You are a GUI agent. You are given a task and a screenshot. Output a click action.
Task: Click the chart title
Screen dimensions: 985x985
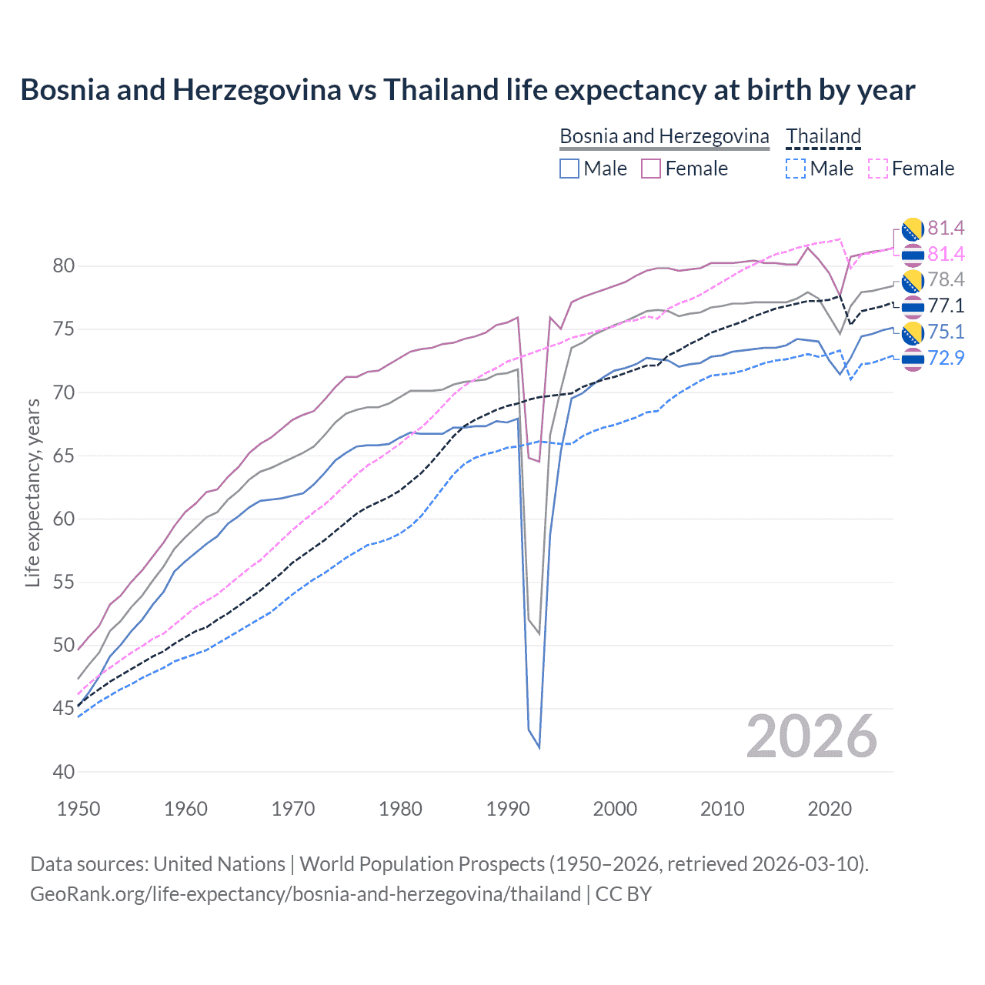click(x=467, y=90)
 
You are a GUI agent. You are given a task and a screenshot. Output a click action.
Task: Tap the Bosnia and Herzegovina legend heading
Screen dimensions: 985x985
click(x=663, y=136)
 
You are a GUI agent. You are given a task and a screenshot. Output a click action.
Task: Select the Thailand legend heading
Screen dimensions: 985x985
click(x=823, y=136)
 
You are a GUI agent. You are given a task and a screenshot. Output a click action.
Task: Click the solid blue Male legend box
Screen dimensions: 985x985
click(x=569, y=169)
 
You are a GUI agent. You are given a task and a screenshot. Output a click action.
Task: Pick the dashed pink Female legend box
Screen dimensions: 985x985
click(x=877, y=169)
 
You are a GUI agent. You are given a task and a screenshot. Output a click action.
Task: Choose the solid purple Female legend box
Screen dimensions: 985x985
click(x=651, y=169)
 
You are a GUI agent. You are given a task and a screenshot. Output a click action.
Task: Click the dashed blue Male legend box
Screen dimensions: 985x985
click(x=796, y=169)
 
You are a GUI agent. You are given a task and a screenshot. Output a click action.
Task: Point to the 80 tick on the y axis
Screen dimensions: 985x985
click(x=64, y=266)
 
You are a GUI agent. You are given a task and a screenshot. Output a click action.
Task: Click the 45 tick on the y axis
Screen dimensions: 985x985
click(x=64, y=708)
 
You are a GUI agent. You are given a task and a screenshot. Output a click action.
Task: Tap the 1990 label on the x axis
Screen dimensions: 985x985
click(x=508, y=809)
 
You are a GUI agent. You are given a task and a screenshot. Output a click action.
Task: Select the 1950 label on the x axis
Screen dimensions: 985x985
click(x=79, y=809)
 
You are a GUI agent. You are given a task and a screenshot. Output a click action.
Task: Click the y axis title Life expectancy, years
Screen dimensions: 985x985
click(x=33, y=493)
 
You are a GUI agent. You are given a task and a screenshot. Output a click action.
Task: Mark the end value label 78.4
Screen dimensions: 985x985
click(x=946, y=279)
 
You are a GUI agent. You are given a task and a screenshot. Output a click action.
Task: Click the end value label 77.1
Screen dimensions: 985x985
click(x=946, y=306)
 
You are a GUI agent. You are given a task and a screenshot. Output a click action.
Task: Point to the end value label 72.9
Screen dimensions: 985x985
click(x=946, y=358)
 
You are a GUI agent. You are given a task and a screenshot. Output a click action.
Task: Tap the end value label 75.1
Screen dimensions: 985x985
click(x=946, y=332)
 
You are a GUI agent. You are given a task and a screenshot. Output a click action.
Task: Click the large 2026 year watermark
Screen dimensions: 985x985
click(x=812, y=737)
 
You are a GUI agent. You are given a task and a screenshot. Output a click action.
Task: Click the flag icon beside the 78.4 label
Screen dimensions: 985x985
click(x=913, y=281)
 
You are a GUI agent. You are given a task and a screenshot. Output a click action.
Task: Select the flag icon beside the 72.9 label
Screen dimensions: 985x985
click(x=913, y=359)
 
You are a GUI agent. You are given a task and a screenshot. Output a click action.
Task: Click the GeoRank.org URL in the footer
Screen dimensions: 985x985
click(x=305, y=894)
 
